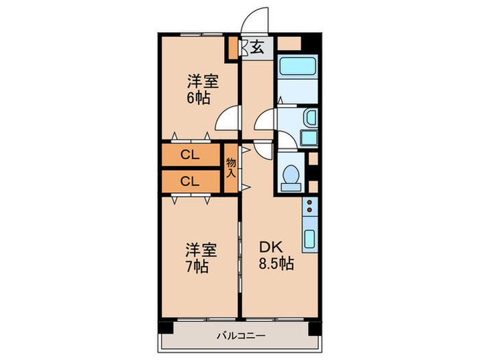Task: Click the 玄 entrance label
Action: coord(257,47)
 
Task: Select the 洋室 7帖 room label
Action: coord(200,256)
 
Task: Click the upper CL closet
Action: coord(190,156)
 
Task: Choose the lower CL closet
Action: coord(190,181)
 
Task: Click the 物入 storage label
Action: coord(231,167)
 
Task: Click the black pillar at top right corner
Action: coord(313,41)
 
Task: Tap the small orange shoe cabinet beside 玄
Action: coord(233,47)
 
